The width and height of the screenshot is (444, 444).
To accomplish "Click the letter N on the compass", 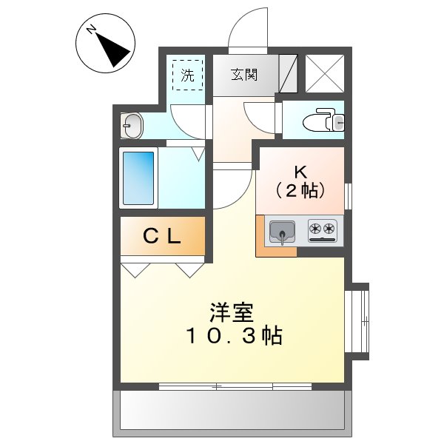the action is pos(91,30).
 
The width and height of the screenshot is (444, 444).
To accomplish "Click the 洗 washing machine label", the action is pos(188,75).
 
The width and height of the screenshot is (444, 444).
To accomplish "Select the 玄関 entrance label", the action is pos(244,75).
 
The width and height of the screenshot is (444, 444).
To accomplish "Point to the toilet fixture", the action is pos(323,120).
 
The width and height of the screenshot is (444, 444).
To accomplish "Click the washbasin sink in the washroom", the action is pos(132,126).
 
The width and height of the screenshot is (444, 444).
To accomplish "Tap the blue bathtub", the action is pos(138,178).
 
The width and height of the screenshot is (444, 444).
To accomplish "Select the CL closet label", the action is pos(162,236).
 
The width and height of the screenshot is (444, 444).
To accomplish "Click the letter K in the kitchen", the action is pos(300,172).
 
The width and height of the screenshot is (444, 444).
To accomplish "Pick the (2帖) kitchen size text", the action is pos(300,190).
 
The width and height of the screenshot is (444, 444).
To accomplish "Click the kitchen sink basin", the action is pos(282,232).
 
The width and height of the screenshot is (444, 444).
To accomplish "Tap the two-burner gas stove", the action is pos(323,230).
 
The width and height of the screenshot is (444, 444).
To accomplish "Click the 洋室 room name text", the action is pos(232,312).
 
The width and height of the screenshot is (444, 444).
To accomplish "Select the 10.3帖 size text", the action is pos(234,336).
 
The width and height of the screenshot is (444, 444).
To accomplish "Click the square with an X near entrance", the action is pos(325,73).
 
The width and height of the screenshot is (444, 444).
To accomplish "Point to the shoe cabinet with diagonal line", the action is pos(289,73).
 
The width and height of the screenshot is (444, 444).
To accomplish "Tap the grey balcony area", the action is pos(232,414).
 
